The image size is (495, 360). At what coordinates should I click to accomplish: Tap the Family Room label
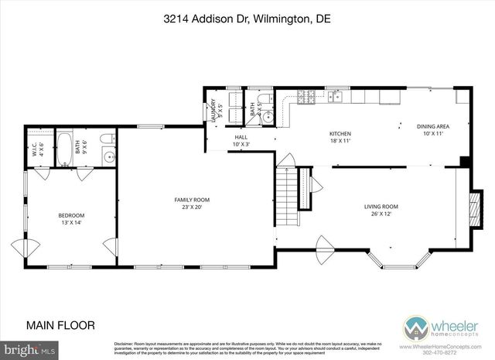[x=192, y=204]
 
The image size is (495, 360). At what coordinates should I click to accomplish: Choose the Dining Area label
[x=433, y=129]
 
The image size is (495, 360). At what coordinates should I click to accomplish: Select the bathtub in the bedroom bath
[x=67, y=148]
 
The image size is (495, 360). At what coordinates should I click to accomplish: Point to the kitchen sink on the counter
[x=333, y=97]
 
